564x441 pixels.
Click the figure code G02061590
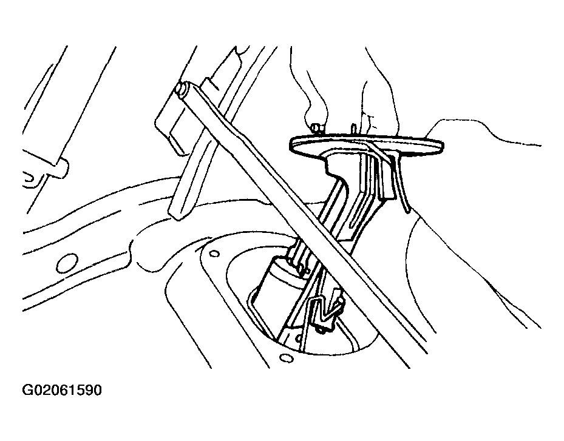[62, 390]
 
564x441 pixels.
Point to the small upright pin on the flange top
[353, 129]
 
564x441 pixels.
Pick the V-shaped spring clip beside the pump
[327, 306]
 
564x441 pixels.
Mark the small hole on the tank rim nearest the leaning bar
[214, 254]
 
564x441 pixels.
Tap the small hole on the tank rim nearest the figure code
[287, 359]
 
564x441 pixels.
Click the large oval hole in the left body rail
[67, 263]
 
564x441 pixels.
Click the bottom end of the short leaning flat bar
[177, 216]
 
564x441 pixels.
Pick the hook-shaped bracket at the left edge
[32, 180]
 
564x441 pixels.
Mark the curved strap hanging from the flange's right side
[401, 183]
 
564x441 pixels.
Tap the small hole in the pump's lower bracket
[298, 338]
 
